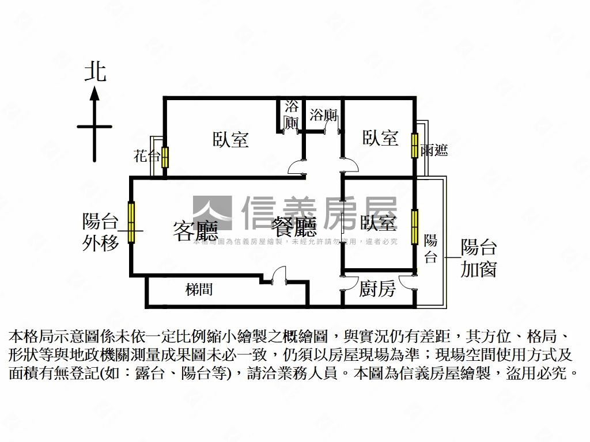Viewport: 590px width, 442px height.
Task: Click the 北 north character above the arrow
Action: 96,73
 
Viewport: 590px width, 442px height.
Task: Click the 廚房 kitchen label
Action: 377,288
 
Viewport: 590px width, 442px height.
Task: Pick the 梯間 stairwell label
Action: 199,289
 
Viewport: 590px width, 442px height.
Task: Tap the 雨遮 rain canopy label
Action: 434,151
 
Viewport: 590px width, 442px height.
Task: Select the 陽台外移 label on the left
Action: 101,231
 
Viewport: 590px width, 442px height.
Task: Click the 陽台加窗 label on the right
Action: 478,258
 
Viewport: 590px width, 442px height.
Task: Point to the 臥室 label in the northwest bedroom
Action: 230,139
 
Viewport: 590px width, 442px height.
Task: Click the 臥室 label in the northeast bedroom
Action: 380,138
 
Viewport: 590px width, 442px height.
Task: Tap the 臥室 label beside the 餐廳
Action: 379,222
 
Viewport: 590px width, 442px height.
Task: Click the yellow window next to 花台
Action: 165,157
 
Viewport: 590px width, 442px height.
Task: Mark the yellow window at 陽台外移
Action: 131,222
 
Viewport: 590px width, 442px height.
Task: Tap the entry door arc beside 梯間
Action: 279,275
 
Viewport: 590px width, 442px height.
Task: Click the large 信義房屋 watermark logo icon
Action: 212,214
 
